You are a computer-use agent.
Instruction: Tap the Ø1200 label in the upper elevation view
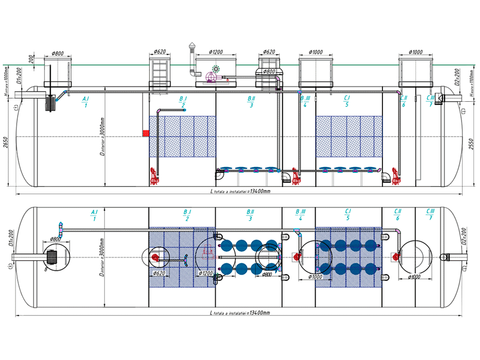click(x=216, y=52)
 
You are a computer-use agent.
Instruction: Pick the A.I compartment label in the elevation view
click(x=86, y=102)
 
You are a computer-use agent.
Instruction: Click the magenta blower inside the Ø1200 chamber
click(x=212, y=76)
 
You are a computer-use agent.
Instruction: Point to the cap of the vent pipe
click(x=191, y=46)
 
